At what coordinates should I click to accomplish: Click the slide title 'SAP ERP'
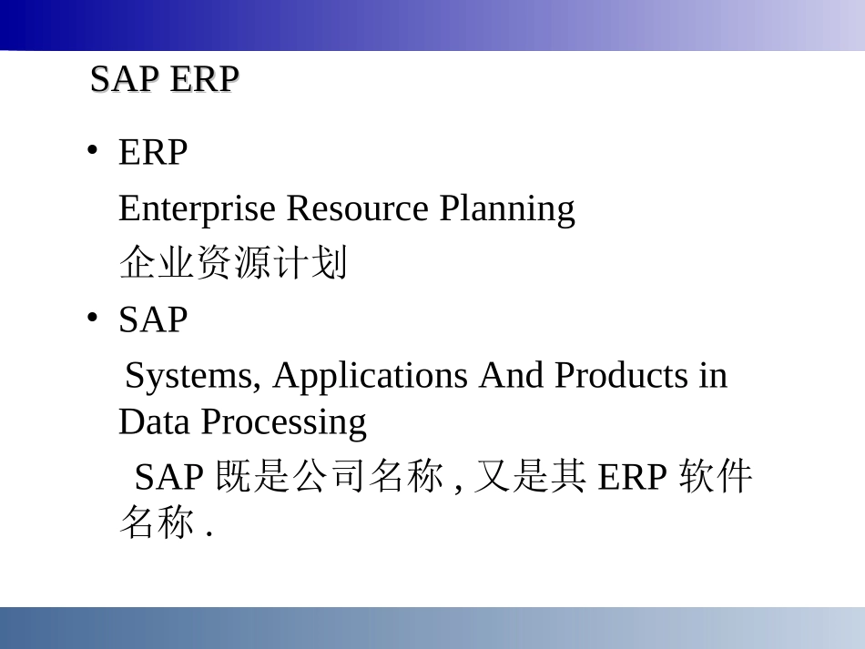coord(165,80)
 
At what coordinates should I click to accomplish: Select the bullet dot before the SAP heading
coord(92,317)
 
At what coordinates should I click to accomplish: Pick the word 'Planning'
coord(507,208)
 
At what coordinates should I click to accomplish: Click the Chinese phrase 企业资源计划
coord(233,264)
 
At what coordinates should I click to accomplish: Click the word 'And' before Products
coord(513,375)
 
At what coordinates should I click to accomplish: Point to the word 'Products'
coord(623,375)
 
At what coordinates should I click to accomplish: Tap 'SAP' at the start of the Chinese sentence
coord(170,477)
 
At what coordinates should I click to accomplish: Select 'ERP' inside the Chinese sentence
coord(633,477)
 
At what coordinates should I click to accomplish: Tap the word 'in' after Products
coord(713,375)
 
